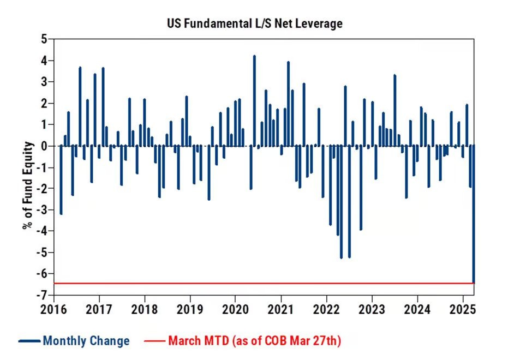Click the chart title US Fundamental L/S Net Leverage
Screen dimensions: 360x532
[255, 23]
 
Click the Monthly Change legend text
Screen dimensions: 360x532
[86, 341]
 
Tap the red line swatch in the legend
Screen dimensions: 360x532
[154, 341]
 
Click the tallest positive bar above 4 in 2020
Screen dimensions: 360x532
[254, 101]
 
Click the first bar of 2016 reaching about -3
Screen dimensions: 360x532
[61, 180]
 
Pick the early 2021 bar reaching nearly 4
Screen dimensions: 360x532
[288, 104]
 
